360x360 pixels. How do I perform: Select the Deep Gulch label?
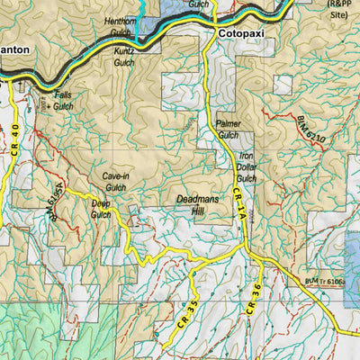pos(101,209)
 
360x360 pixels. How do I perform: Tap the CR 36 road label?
pos(253,298)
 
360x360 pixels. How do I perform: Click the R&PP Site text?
pos(338,9)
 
